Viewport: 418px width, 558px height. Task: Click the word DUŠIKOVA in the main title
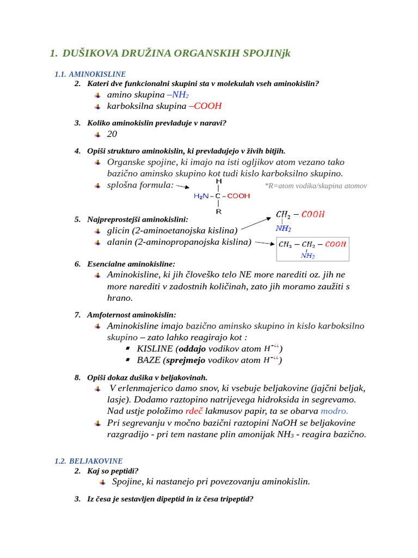[89, 53]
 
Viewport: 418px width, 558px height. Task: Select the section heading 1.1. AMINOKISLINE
[90, 74]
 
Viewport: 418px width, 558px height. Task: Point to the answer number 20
[112, 134]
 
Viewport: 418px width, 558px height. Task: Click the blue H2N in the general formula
[202, 196]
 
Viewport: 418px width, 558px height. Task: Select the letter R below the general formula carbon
[218, 211]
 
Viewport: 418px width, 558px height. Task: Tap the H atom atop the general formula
[218, 181]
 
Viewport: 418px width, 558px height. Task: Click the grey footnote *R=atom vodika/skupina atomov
[316, 186]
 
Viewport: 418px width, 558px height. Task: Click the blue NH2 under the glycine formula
[283, 229]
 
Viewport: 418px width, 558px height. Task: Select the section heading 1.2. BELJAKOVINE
[88, 461]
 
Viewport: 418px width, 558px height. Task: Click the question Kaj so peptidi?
[113, 471]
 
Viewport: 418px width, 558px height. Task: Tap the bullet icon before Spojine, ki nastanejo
[102, 482]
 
